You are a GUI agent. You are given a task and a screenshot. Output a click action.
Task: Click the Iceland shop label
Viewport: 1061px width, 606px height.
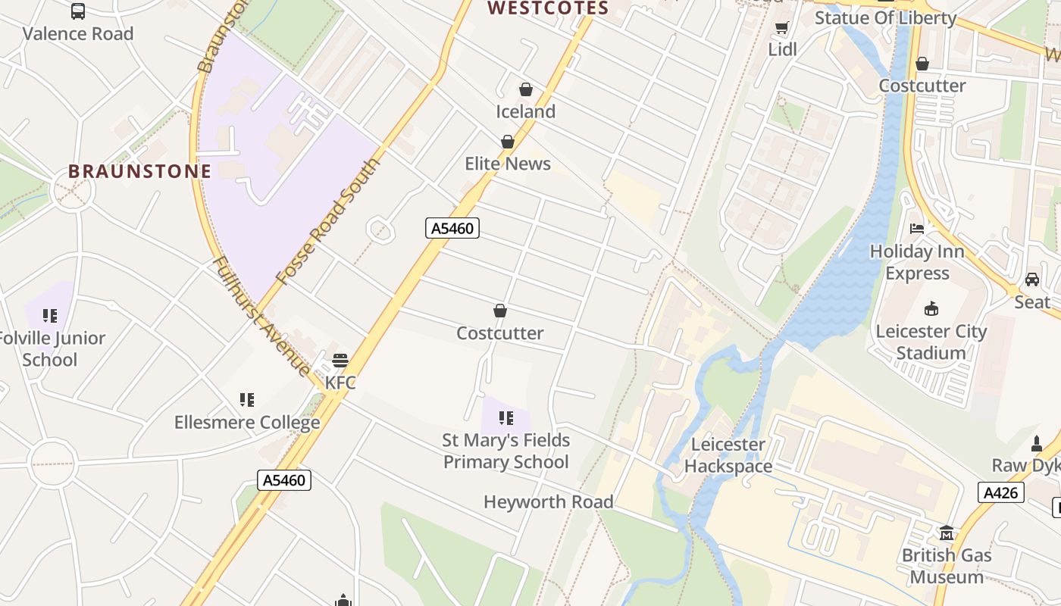(525, 111)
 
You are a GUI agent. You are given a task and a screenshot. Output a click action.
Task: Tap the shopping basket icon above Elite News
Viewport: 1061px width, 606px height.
(507, 142)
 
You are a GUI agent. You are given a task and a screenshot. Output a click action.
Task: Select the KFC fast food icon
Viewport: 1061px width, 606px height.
(340, 360)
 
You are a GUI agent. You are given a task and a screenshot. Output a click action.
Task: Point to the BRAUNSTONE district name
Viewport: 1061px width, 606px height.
(139, 171)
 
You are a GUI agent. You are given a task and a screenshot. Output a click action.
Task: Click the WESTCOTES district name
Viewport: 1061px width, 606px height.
(548, 8)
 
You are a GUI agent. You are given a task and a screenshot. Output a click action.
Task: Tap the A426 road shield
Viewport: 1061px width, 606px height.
(1000, 492)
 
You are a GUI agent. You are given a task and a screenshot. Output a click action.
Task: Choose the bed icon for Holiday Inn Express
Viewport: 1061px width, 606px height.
(917, 228)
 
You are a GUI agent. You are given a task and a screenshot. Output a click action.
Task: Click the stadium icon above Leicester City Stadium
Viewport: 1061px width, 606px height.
(931, 308)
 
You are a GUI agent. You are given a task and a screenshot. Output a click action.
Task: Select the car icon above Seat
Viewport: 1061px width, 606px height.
(1032, 280)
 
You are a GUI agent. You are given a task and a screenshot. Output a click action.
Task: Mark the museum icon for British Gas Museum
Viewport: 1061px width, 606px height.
(946, 533)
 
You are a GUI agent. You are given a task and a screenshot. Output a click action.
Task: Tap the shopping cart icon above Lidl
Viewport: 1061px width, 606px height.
(782, 28)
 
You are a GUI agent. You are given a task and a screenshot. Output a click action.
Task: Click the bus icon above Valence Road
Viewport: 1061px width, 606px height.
(77, 11)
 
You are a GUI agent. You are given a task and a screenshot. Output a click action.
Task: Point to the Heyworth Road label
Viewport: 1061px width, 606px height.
(548, 501)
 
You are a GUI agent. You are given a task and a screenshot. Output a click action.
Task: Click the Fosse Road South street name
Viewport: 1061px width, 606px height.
(327, 221)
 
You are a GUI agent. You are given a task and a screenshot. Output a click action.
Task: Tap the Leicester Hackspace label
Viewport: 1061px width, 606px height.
(728, 455)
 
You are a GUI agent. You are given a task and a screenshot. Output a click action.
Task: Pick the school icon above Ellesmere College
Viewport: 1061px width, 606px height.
(246, 399)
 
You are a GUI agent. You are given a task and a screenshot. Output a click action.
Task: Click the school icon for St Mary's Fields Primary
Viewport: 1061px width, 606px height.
(505, 417)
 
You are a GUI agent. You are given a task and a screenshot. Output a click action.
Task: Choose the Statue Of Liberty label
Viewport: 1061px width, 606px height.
(885, 17)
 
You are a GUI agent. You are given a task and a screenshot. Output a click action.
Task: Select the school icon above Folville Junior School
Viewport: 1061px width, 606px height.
(50, 315)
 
